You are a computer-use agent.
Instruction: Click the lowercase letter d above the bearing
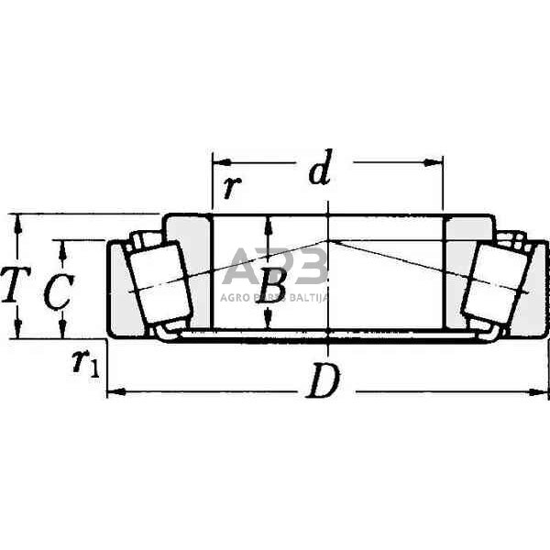tap(318, 171)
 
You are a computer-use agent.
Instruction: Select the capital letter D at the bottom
tap(321, 384)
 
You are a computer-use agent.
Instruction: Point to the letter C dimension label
tap(58, 291)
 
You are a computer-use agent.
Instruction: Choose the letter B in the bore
tap(270, 286)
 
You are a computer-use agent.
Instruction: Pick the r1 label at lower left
tap(85, 363)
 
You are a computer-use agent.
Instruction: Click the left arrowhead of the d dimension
tap(218, 162)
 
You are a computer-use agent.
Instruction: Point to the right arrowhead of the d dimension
tap(437, 162)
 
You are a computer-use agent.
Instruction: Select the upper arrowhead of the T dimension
tap(16, 221)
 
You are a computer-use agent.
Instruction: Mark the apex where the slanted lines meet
tap(328, 240)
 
